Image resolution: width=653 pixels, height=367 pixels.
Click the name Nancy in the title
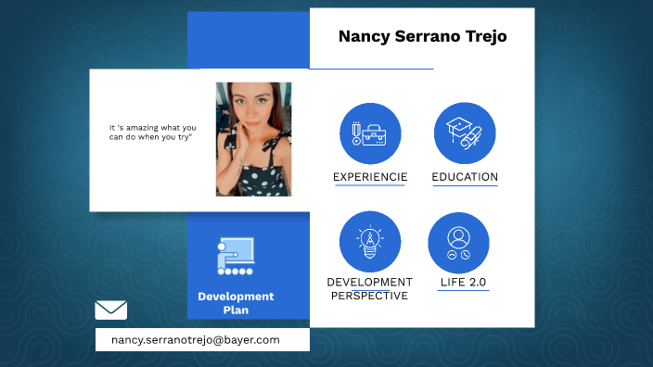pyautogui.click(x=363, y=37)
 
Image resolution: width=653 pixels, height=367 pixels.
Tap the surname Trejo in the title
pyautogui.click(x=483, y=37)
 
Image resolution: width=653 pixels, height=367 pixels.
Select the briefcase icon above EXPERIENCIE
pyautogui.click(x=370, y=133)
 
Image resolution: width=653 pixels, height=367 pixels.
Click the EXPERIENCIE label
pyautogui.click(x=370, y=177)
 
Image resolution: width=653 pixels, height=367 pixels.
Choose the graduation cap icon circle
pyautogui.click(x=465, y=133)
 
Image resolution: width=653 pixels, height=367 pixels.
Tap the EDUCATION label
pyautogui.click(x=465, y=177)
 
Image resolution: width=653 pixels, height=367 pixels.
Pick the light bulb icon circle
pyautogui.click(x=370, y=242)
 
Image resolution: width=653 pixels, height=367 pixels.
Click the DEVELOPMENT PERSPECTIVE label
pyautogui.click(x=370, y=289)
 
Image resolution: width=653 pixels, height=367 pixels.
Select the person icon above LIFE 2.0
pyautogui.click(x=458, y=242)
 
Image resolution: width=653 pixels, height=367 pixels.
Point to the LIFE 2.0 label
pyautogui.click(x=464, y=283)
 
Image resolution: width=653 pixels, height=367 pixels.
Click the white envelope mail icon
pyautogui.click(x=111, y=310)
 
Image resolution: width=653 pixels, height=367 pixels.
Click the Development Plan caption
pyautogui.click(x=236, y=303)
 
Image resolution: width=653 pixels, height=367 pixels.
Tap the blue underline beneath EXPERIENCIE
pyautogui.click(x=370, y=186)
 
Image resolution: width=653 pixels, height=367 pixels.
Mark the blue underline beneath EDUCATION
pyautogui.click(x=465, y=186)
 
